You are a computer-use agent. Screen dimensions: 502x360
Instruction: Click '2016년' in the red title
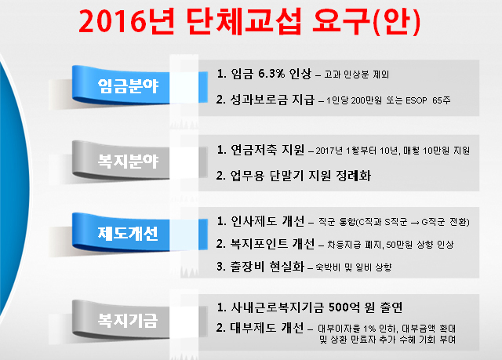click(127, 21)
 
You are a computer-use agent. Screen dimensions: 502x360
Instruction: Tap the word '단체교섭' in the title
click(244, 21)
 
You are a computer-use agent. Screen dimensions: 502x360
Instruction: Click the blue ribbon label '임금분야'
click(128, 85)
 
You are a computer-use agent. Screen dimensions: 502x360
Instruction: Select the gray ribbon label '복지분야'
click(128, 161)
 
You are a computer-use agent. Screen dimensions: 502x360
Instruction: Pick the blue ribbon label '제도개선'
click(128, 233)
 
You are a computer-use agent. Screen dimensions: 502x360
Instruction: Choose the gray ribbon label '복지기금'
click(128, 320)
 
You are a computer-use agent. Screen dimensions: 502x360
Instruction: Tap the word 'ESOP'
click(417, 100)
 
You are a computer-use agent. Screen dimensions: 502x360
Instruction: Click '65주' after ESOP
click(442, 100)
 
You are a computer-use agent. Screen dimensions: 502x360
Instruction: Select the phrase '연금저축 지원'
click(267, 150)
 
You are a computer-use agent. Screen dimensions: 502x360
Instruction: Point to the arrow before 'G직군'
click(415, 223)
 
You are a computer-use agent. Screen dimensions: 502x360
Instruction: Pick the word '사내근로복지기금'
click(277, 307)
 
